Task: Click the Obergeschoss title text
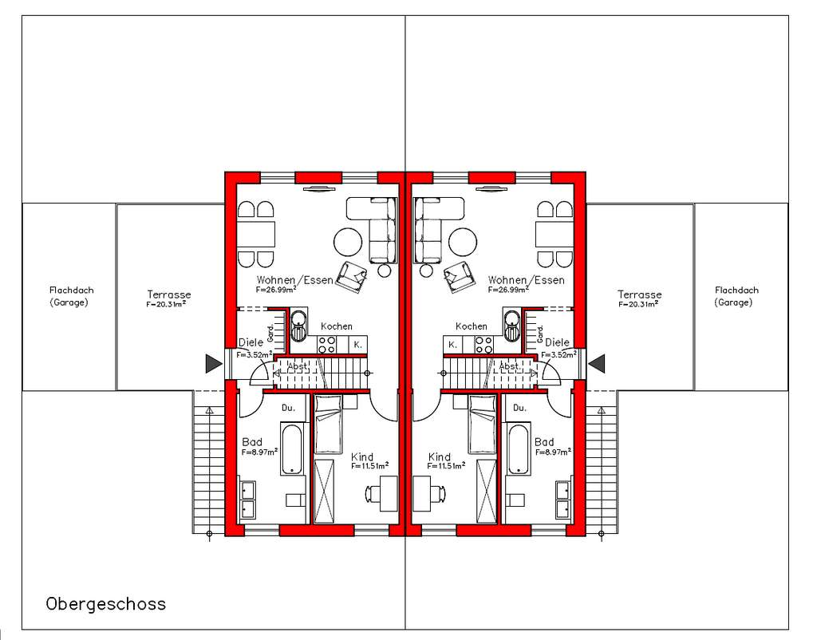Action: click(106, 603)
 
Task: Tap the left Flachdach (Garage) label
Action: click(69, 296)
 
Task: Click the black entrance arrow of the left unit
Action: click(212, 364)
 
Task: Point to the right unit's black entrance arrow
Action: click(596, 364)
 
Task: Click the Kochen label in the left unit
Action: click(337, 326)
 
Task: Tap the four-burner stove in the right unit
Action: click(483, 345)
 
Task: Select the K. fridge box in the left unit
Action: click(358, 345)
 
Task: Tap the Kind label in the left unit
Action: click(362, 457)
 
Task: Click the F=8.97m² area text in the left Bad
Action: click(259, 452)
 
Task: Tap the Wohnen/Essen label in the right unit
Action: click(526, 280)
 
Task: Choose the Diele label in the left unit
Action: click(251, 342)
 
